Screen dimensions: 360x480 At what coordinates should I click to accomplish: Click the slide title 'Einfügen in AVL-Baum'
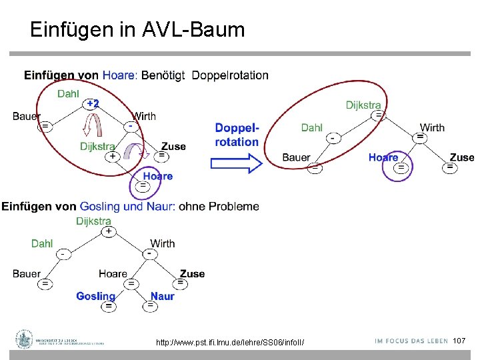click(x=137, y=29)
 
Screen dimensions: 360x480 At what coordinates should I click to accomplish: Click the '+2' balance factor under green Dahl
click(x=93, y=103)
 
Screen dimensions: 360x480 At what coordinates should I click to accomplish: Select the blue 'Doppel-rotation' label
click(x=237, y=135)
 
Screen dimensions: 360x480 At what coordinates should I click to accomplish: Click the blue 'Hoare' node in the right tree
click(x=383, y=157)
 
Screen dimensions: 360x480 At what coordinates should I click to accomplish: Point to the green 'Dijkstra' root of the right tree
click(x=363, y=105)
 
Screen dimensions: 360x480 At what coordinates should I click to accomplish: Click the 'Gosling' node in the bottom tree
click(x=95, y=296)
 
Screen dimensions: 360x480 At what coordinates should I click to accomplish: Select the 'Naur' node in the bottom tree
click(x=162, y=296)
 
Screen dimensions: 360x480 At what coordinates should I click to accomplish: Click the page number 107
click(x=459, y=341)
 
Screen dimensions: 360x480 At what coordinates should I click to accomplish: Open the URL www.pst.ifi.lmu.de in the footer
click(x=229, y=343)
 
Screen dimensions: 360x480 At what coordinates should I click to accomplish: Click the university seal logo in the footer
click(x=25, y=339)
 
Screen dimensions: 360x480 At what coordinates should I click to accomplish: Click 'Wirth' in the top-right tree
click(x=432, y=127)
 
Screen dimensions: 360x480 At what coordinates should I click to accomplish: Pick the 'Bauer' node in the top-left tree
click(x=26, y=116)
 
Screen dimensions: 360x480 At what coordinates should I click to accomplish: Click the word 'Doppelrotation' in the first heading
click(x=230, y=75)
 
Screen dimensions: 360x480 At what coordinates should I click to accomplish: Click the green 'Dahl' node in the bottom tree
click(x=42, y=243)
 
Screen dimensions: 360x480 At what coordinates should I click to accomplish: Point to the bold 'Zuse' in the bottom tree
click(x=192, y=273)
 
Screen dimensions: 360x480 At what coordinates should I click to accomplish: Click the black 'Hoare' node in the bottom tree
click(x=113, y=273)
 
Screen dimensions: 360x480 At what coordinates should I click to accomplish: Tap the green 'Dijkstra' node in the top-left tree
click(x=97, y=147)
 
